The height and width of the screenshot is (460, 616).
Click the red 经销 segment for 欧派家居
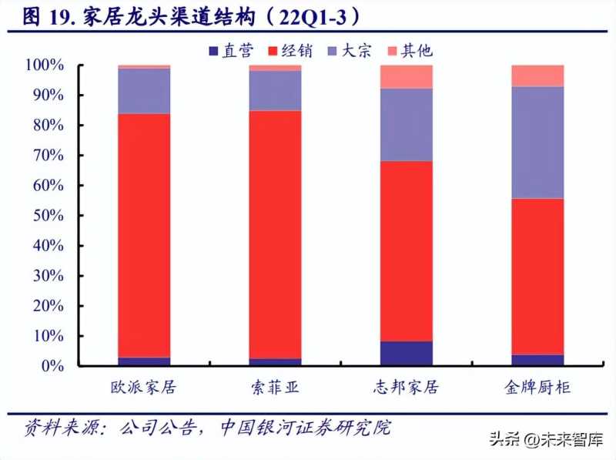144,235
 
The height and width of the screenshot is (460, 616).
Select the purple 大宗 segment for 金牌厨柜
537,142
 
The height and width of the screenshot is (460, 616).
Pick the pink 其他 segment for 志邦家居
407,77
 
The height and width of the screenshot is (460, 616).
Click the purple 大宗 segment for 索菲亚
275,90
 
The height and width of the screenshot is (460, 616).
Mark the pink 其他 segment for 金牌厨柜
537,76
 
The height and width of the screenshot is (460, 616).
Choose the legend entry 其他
410,50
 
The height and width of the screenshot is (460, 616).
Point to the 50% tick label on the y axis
49,216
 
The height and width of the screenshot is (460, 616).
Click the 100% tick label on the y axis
45,65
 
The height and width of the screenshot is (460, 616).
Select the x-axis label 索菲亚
275,388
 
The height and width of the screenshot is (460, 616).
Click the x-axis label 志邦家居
407,388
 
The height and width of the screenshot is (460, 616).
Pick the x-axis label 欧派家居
144,388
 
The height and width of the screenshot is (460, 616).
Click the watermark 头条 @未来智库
547,442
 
